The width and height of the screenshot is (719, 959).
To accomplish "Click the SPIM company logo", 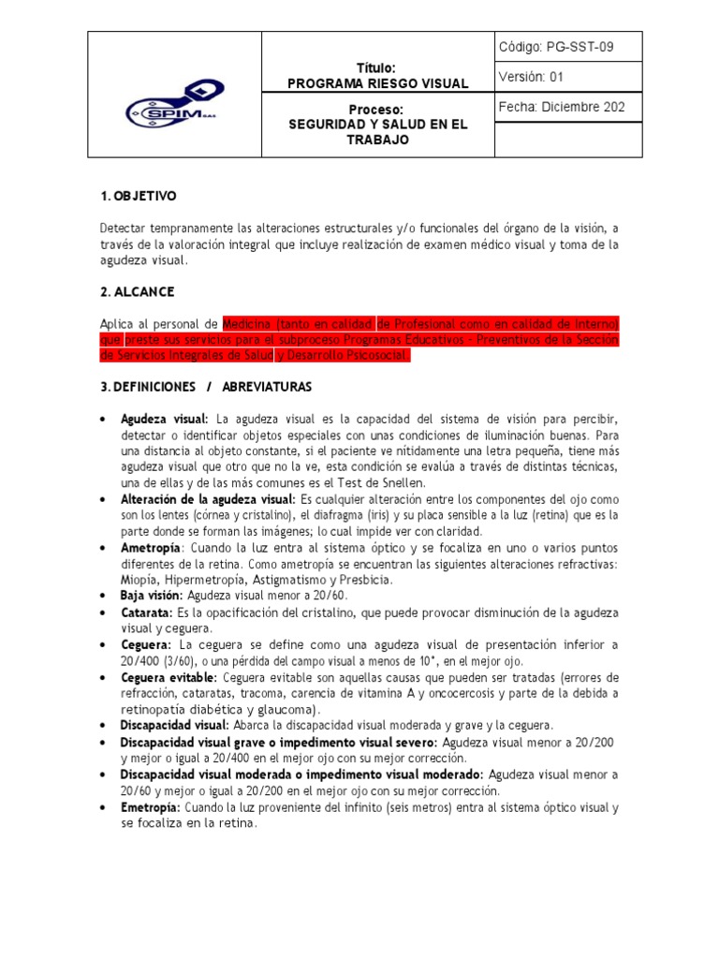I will click(174, 104).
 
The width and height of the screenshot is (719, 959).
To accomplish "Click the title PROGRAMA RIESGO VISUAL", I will click(377, 83).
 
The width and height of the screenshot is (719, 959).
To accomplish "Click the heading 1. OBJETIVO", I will click(138, 196).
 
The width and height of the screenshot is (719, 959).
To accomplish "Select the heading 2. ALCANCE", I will click(137, 292).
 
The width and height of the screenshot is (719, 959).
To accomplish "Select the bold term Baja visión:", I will click(153, 595).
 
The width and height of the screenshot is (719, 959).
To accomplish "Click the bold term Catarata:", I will click(146, 612).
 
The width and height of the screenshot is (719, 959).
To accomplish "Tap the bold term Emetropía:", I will click(151, 807).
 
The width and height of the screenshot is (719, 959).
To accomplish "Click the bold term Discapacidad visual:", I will click(174, 725).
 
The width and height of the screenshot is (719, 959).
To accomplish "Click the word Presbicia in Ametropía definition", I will click(364, 580).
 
